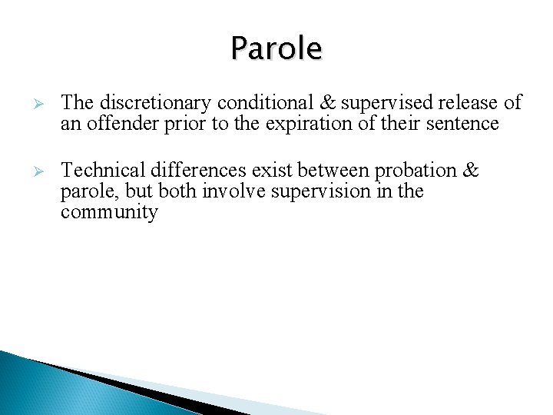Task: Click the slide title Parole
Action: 276,49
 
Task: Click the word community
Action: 109,213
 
